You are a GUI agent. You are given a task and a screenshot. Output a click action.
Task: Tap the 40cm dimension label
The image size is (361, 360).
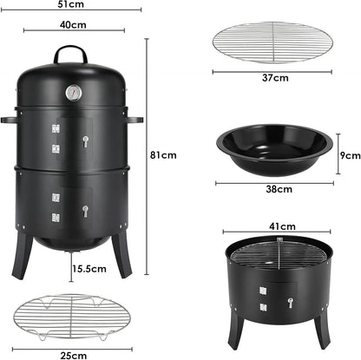point(73,24)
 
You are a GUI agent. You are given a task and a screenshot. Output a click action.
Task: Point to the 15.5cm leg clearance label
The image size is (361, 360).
point(89,270)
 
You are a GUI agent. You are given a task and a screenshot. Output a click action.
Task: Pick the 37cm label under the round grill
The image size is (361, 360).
point(274,78)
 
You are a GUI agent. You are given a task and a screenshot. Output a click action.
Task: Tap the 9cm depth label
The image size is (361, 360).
point(349,156)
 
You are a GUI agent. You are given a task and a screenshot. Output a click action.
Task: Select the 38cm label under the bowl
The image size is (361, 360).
point(278,188)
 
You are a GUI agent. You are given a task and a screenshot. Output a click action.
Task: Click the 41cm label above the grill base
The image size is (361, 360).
point(278,226)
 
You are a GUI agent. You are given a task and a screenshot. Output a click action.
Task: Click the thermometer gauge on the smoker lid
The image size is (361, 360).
point(74,91)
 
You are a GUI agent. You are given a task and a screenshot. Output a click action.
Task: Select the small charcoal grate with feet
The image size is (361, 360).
point(75,321)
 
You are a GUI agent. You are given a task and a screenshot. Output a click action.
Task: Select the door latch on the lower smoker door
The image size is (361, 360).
point(85,210)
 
